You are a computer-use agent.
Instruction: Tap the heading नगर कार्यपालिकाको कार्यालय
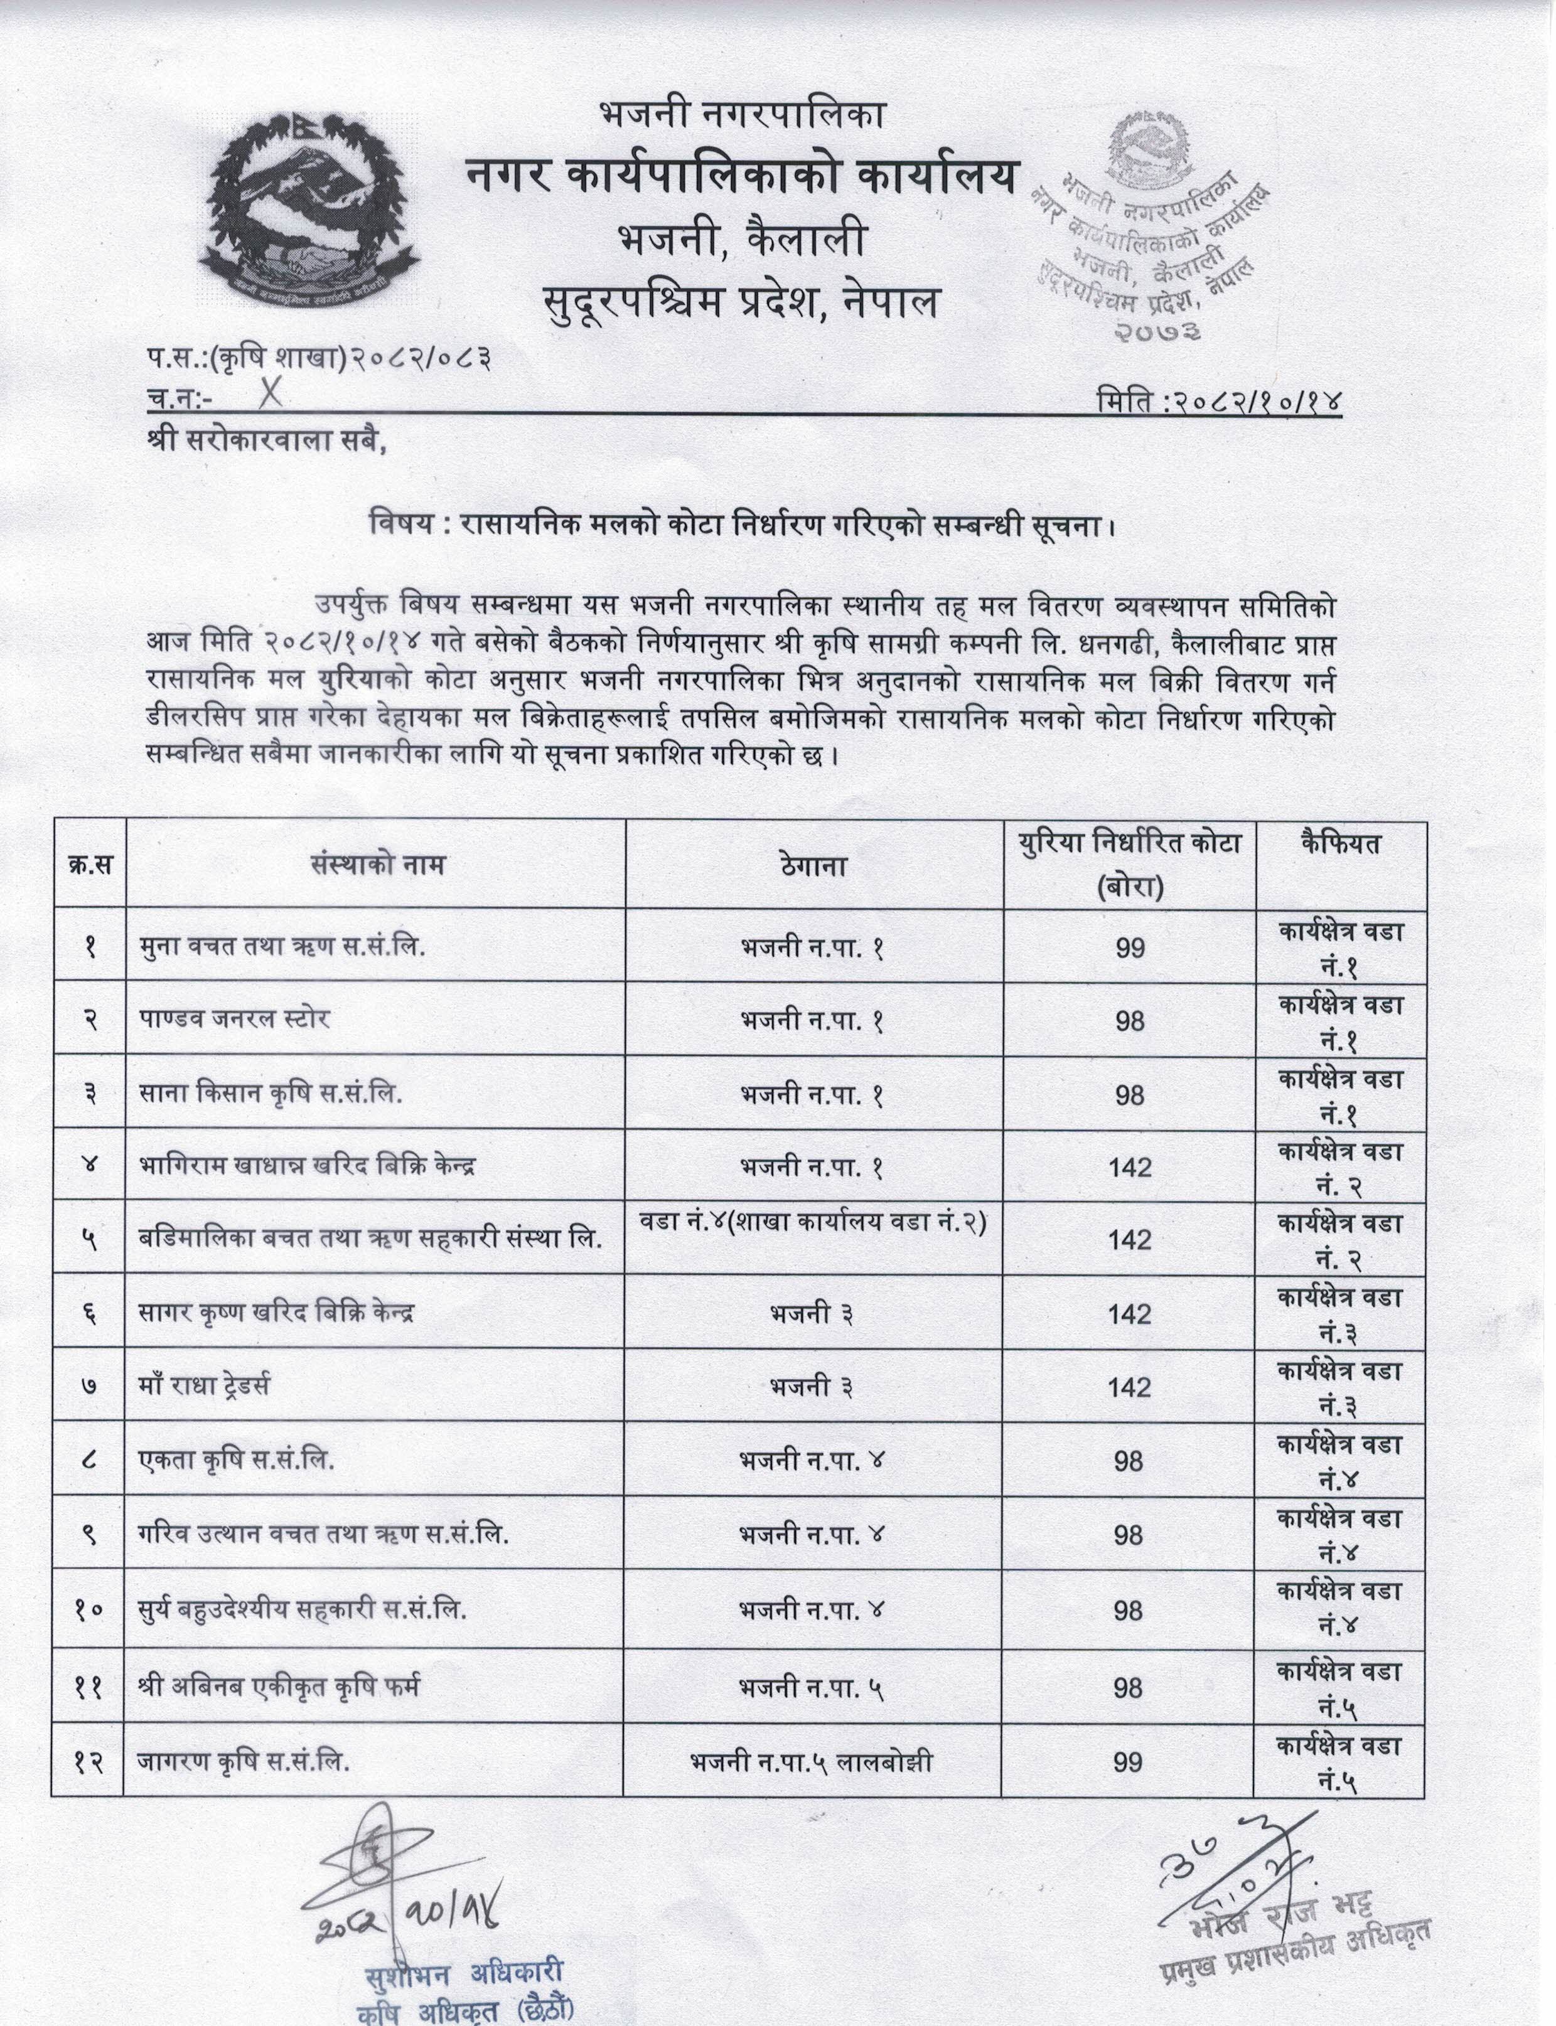click(741, 176)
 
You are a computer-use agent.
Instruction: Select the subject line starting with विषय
click(741, 525)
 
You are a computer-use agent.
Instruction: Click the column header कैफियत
click(1340, 843)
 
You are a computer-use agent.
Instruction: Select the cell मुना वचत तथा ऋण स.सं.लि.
click(282, 946)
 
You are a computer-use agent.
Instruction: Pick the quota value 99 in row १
click(1130, 948)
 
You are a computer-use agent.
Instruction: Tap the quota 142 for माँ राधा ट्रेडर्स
click(1130, 1387)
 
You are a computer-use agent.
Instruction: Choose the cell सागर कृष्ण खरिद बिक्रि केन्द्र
click(275, 1313)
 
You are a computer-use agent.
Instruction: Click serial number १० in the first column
click(89, 1609)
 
